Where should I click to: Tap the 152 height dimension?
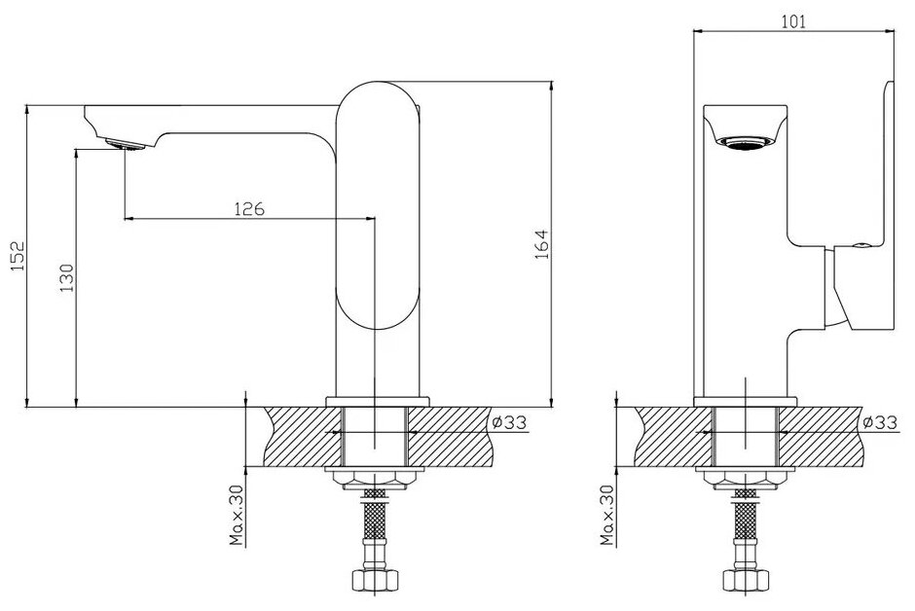(16, 259)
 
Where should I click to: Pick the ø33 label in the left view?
(511, 422)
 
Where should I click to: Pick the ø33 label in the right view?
(880, 422)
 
